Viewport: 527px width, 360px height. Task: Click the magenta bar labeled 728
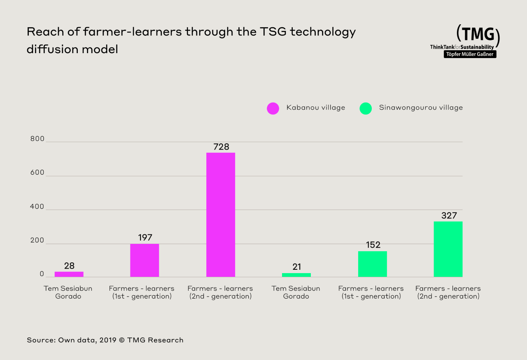221,215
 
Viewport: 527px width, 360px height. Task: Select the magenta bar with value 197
145,260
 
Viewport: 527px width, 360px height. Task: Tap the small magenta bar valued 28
69,274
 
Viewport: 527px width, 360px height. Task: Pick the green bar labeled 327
448,249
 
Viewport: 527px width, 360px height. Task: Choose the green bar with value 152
372,264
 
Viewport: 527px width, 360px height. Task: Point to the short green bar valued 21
296,275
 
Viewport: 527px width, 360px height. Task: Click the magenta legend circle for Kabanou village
273,108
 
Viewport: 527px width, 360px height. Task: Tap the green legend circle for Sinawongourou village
365,108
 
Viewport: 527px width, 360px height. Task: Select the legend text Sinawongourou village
421,108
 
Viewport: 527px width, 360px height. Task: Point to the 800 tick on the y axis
37,139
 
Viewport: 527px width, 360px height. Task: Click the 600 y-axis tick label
37,173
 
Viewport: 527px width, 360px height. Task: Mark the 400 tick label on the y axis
37,207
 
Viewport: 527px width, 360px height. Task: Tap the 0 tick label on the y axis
42,274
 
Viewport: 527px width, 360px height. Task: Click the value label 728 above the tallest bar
221,147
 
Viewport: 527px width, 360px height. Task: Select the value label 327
449,215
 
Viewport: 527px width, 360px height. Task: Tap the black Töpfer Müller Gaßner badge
470,54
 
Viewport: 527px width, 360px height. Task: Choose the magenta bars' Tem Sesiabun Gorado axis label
68,292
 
